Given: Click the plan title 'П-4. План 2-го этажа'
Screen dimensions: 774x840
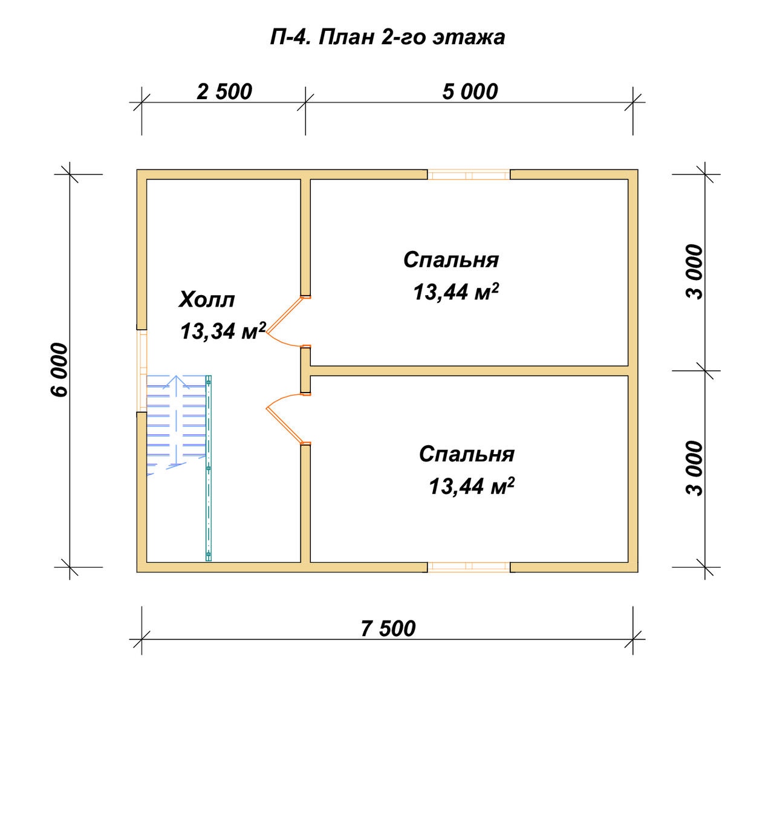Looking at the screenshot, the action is point(388,37).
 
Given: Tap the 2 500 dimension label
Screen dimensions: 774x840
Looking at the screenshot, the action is point(224,92).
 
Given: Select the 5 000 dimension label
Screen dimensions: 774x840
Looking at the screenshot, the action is point(470,92).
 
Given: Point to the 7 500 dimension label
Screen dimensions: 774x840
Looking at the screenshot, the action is point(388,628).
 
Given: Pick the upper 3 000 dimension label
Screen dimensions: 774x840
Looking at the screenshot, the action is point(694,272).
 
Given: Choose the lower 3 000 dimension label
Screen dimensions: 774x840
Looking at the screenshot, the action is point(694,469).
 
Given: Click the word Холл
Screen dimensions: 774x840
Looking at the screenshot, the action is point(206,300).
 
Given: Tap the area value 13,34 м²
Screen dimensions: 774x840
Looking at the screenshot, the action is point(223,331).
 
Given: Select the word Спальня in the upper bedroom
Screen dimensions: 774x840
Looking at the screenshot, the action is point(451,260).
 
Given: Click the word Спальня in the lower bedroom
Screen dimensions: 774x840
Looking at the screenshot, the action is point(467,454).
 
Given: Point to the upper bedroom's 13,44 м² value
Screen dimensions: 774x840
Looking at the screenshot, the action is point(456,291).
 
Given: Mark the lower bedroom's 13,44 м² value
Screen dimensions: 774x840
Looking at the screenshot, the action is point(472,486).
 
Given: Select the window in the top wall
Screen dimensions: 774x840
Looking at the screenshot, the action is point(469,175).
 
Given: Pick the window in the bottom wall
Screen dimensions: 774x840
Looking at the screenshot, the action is point(469,567).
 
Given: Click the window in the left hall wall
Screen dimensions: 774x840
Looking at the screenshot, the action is point(142,371).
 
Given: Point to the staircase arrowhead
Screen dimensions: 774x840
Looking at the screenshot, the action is point(177,381).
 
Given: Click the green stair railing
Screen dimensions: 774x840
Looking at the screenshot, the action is point(209,468).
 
